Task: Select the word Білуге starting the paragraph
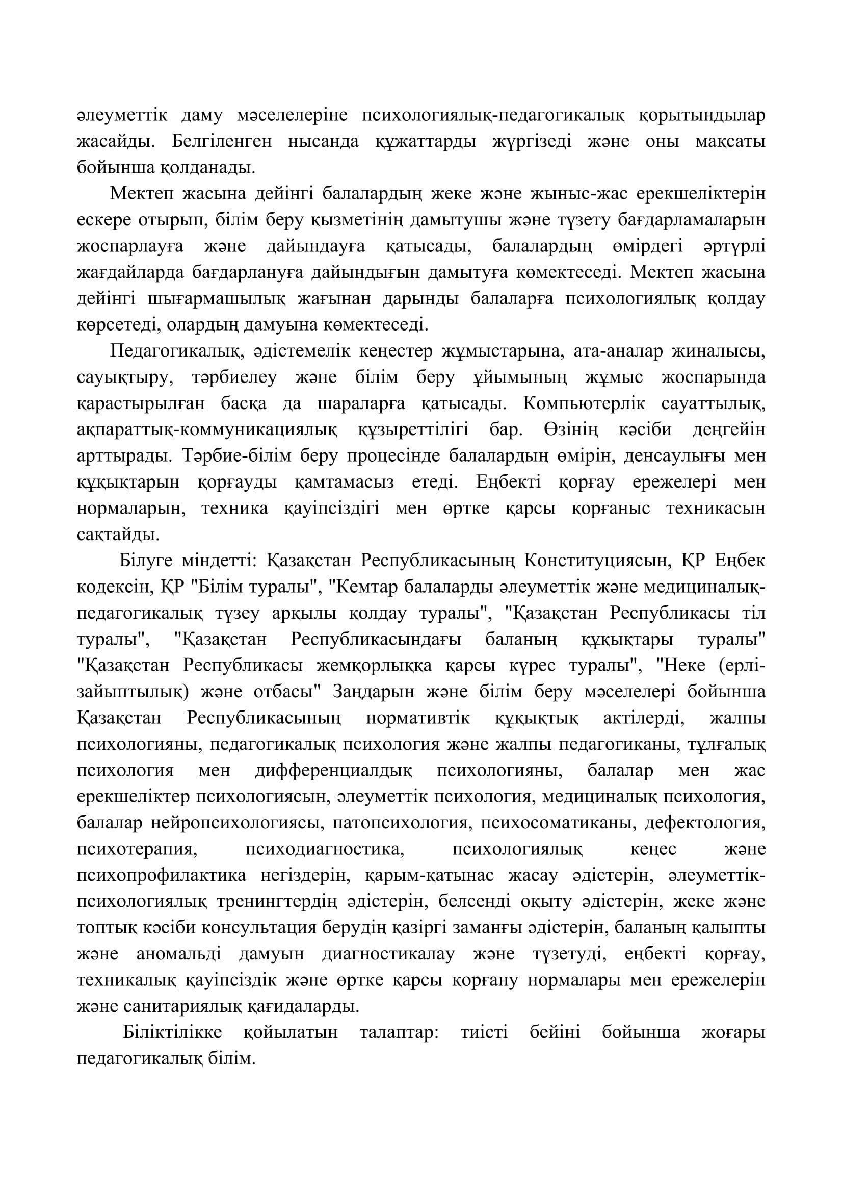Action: click(146, 561)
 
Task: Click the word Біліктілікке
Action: click(172, 1032)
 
